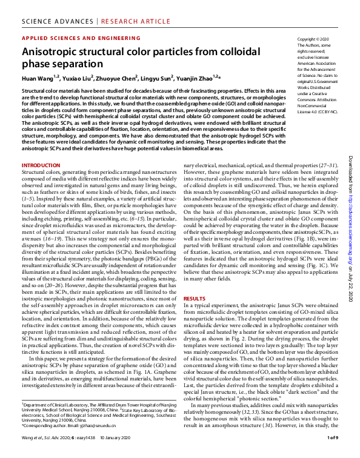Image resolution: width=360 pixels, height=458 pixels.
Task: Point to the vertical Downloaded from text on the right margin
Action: [350, 170]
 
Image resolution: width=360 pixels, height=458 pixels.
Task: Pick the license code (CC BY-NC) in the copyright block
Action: [328, 113]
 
